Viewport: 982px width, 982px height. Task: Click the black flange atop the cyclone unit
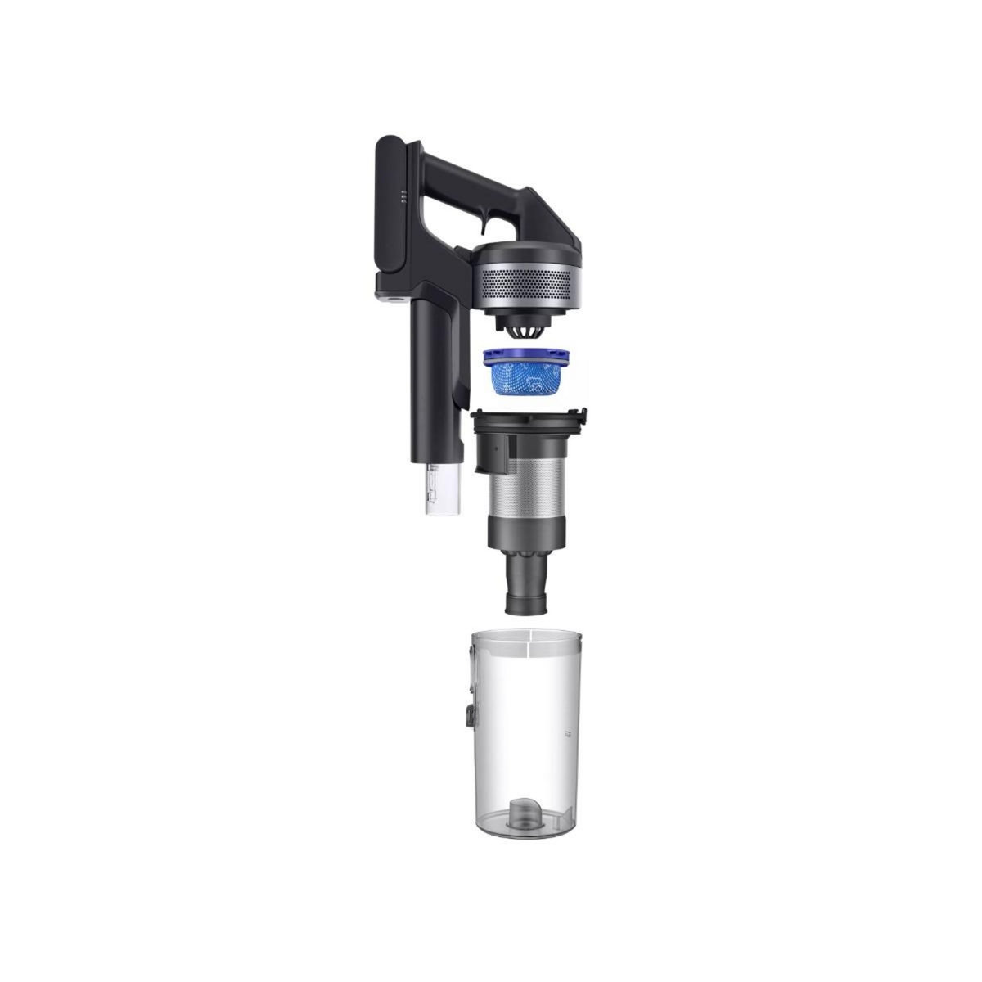[529, 425]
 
